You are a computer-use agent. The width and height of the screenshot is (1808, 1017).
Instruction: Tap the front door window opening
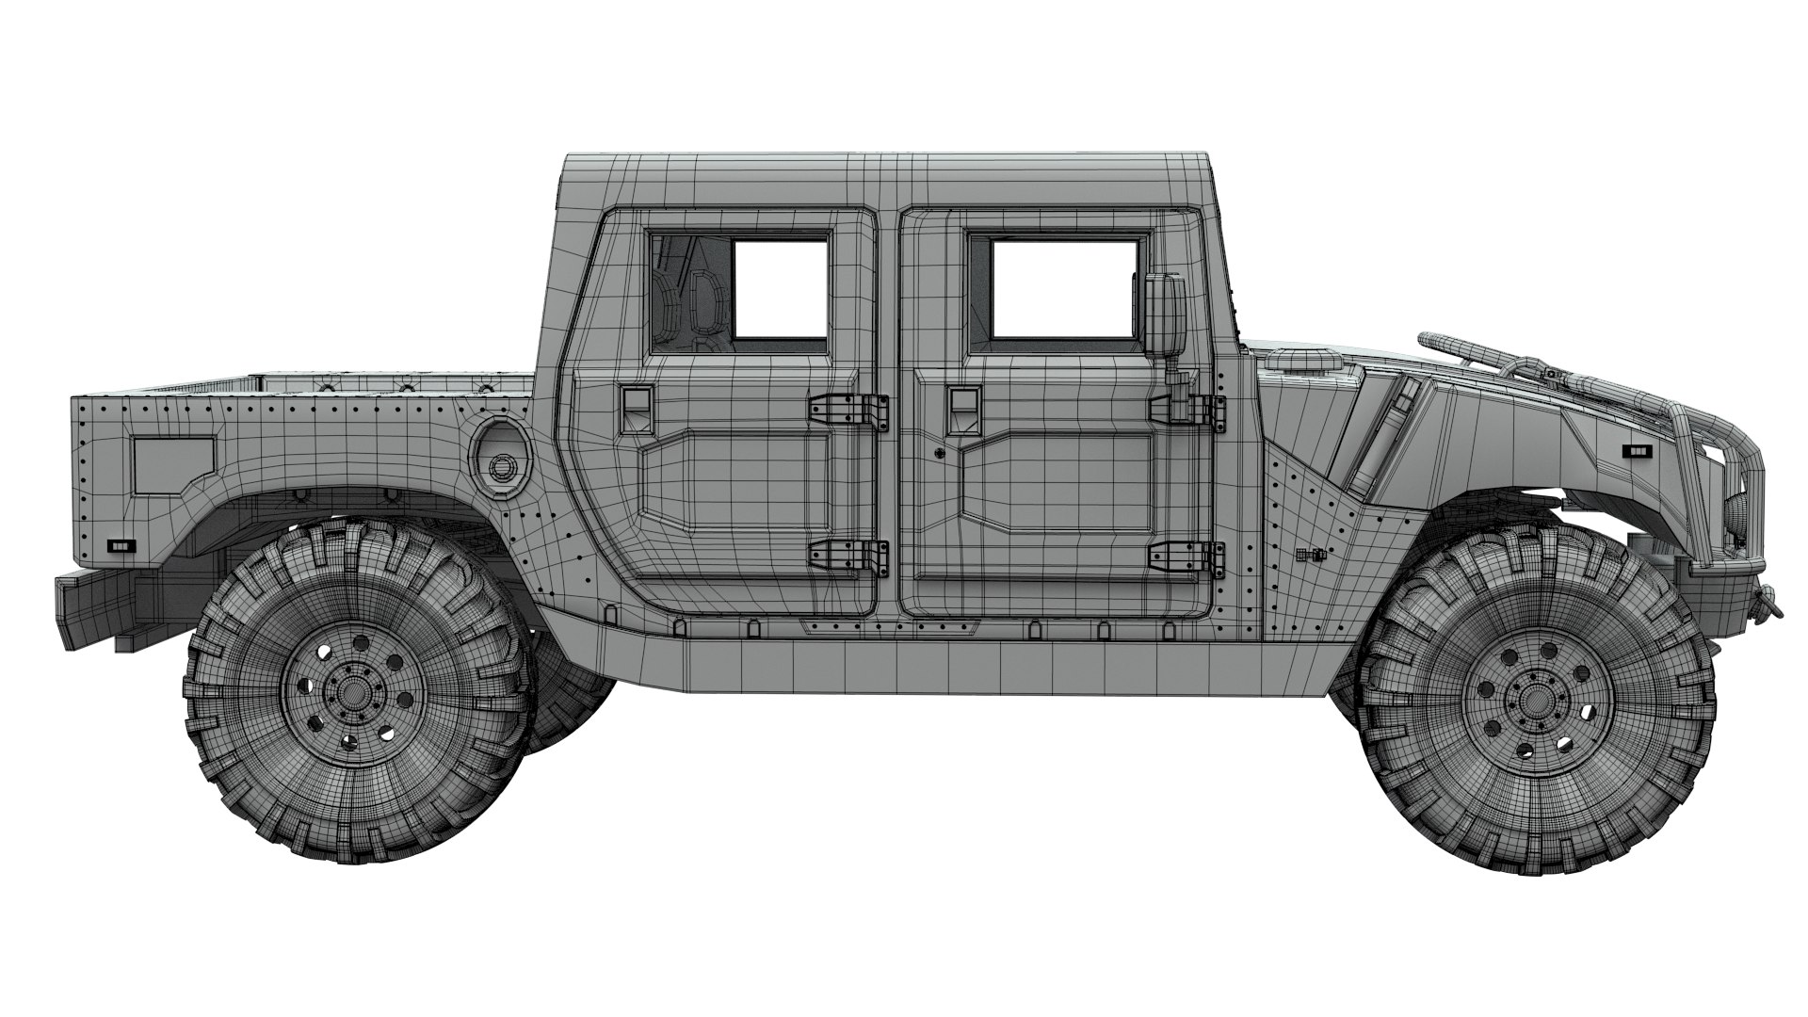coord(1061,288)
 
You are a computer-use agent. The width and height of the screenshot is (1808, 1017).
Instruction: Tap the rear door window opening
coord(779,287)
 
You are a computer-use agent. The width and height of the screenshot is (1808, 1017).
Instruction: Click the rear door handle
coord(636,405)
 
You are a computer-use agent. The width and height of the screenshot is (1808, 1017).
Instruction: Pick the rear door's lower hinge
coord(847,557)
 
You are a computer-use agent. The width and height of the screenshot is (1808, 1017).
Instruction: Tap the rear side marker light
coord(121,544)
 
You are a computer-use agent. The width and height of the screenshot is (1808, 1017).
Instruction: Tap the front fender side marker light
coord(1641,451)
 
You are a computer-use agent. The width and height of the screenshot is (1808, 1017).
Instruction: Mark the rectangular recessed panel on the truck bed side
coord(174,466)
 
